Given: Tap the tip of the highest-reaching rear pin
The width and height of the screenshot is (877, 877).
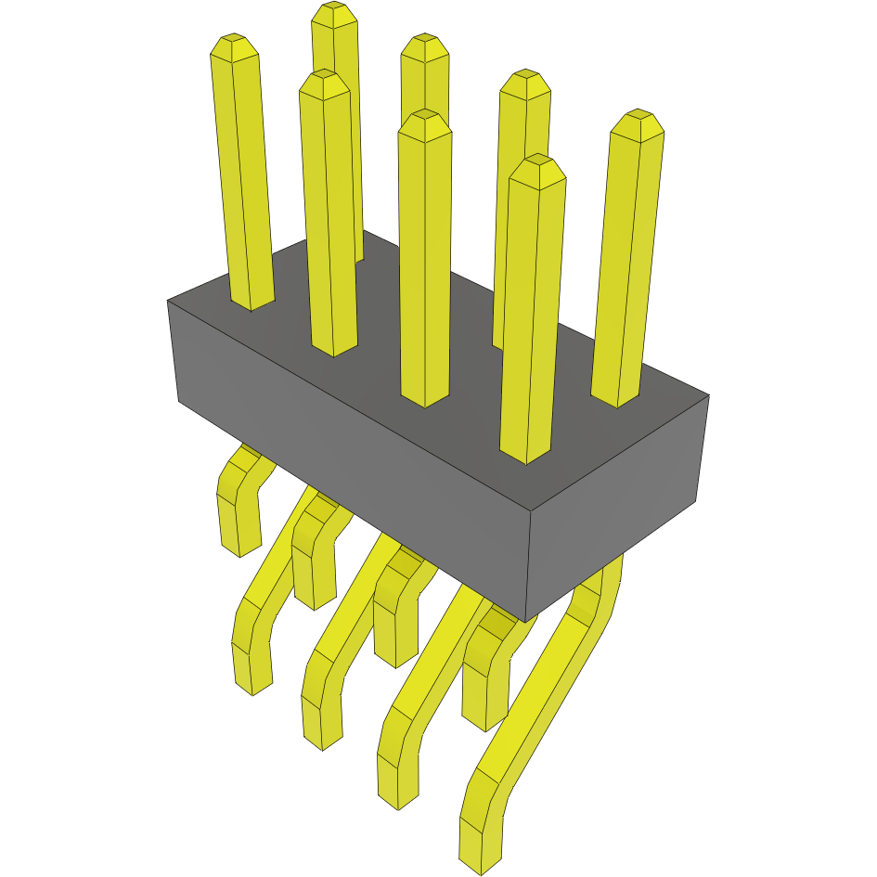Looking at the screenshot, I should point(335,12).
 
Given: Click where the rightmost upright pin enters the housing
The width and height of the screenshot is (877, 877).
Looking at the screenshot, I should point(616,397).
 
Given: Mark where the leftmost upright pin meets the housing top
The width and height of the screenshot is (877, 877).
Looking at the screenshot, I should point(251,302).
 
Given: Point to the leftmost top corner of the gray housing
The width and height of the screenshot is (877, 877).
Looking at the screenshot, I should point(168,301).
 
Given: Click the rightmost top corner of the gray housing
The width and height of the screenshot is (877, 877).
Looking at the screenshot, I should point(709,396).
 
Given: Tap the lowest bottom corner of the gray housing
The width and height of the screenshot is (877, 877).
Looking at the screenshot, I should point(526,621).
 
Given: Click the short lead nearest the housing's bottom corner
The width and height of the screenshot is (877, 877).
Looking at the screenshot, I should point(484,687).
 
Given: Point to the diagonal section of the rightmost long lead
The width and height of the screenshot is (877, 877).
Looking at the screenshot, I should point(548,687).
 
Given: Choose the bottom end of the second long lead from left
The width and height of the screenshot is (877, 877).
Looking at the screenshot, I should point(322,743).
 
